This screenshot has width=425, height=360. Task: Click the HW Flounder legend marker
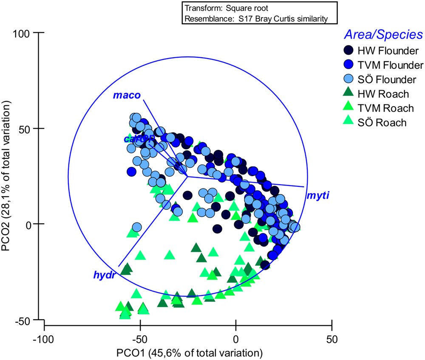tap(348, 51)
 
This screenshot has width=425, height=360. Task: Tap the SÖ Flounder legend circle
tap(348, 79)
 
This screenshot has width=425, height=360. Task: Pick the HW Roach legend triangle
tap(348, 94)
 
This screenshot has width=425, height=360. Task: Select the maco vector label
tap(126, 95)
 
